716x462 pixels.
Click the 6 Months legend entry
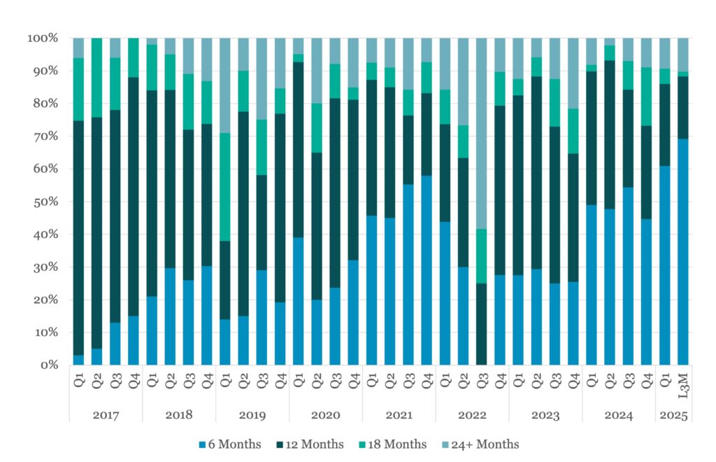coord(230,444)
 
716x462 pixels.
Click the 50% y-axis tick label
coord(48,202)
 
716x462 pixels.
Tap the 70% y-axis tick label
coord(48,136)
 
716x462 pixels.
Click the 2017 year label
coord(106,415)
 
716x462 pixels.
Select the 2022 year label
coord(472,415)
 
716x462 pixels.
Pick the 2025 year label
coord(672,415)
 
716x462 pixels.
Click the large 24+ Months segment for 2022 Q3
coord(481,133)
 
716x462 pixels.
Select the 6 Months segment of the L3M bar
coord(682,252)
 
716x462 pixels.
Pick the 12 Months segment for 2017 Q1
coord(78,238)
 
